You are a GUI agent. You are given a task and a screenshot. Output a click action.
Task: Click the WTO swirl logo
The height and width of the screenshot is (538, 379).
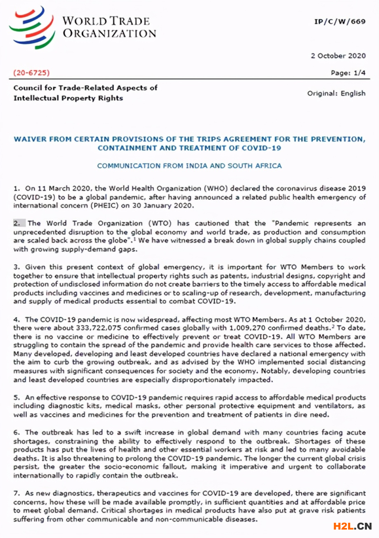[32, 27]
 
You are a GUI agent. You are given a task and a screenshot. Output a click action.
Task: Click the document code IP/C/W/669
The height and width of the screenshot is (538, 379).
[340, 21]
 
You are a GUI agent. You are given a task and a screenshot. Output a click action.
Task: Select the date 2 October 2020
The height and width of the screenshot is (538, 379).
[338, 56]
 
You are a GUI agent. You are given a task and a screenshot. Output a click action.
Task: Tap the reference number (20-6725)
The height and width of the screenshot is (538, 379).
[32, 73]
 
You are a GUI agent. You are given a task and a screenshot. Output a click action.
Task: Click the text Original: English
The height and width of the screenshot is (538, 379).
[336, 93]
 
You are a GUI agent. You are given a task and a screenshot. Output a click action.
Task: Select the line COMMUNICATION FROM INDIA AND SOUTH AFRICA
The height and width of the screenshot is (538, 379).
[189, 165]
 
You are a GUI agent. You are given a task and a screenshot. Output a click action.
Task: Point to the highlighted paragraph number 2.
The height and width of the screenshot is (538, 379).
[16, 223]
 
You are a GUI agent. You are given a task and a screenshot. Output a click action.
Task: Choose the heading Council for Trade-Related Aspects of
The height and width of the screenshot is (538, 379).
[85, 87]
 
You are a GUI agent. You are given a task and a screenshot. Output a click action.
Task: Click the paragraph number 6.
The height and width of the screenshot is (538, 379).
[16, 433]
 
